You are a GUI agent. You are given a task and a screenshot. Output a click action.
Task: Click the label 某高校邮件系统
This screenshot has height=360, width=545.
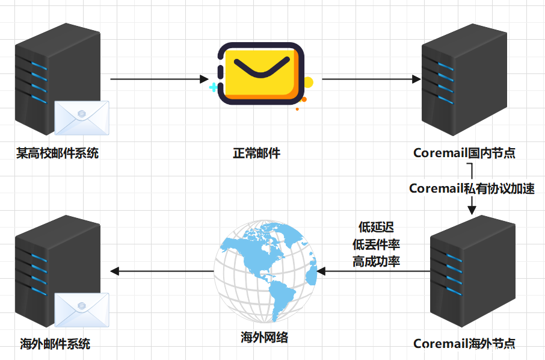pos(58,153)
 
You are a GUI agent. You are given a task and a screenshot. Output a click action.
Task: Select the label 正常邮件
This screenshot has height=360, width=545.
pos(257,153)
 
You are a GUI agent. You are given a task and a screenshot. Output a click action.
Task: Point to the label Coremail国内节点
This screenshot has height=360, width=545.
pos(464,153)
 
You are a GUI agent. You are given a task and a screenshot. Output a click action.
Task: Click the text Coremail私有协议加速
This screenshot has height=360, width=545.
pos(472,188)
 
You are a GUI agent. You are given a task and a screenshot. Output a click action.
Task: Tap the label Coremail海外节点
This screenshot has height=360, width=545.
pos(464,344)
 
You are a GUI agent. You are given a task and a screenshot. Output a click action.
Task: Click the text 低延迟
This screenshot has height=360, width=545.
pos(376,228)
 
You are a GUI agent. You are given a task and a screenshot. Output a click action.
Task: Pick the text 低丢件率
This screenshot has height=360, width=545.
pos(376,244)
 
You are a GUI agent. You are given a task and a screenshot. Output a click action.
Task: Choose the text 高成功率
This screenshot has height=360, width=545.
pos(376,261)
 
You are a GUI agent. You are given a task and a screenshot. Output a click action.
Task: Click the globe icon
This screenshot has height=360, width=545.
pos(265,272)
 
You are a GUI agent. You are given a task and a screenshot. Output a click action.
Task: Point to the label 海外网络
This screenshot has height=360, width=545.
pos(264,337)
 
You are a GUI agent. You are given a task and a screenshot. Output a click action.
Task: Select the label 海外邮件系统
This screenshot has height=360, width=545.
pos(55,344)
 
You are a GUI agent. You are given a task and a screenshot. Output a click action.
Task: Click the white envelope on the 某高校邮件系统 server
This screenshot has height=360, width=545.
pos(82,117)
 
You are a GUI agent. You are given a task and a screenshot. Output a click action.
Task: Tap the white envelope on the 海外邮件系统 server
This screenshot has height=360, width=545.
pos(82,309)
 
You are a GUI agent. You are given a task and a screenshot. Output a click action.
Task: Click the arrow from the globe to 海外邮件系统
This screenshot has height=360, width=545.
pos(162,272)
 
